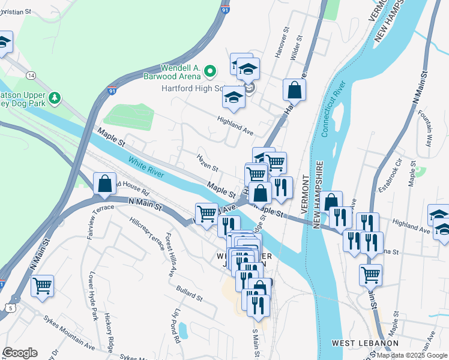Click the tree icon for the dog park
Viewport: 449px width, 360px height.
[55, 97]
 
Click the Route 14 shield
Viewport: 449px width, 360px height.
[31, 74]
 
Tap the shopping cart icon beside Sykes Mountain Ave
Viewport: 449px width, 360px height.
[43, 286]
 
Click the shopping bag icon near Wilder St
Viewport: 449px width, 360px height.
[294, 90]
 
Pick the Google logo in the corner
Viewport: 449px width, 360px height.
[20, 353]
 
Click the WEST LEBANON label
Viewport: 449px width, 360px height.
[365, 343]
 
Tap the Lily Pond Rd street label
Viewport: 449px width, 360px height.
[176, 326]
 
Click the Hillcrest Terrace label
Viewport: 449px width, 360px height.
[147, 231]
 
